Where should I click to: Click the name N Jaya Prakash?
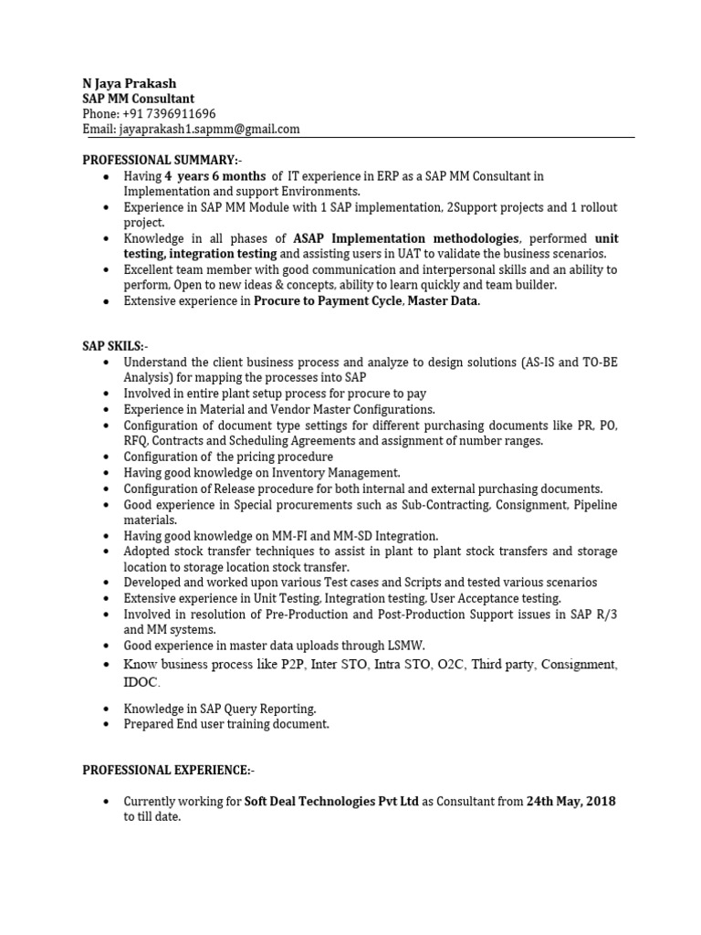point(130,83)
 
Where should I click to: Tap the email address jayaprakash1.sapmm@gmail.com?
point(211,129)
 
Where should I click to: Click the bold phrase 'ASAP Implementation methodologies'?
point(423,237)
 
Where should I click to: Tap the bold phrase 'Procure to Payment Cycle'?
point(328,300)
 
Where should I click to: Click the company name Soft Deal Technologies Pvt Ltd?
point(331,802)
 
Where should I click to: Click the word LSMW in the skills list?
point(406,646)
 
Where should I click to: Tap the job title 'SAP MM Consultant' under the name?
point(139,99)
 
